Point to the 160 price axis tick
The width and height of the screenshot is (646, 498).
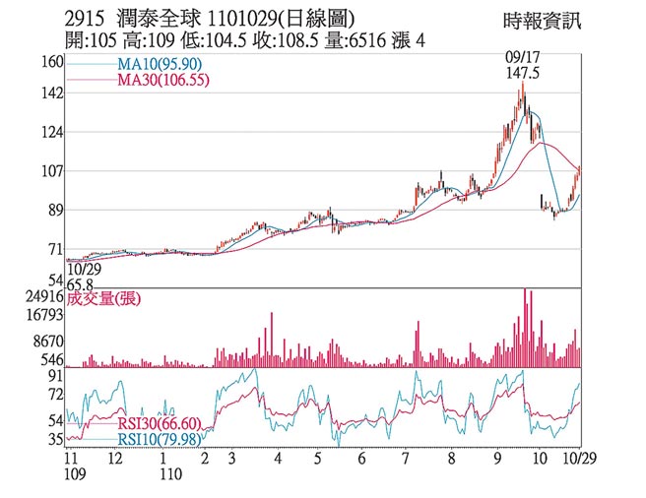pyautogui.click(x=52, y=62)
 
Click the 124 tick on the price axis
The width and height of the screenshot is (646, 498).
pyautogui.click(x=52, y=132)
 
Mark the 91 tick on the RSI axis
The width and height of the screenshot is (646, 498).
pyautogui.click(x=56, y=376)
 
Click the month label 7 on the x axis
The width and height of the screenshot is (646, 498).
pyautogui.click(x=406, y=459)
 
